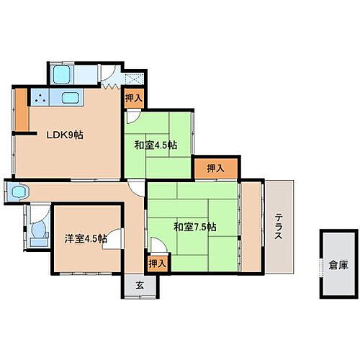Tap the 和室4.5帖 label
point(156,145)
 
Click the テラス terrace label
point(279,227)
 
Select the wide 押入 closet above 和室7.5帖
point(215,168)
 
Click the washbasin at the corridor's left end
point(16,192)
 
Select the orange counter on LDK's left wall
point(23,109)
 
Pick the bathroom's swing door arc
point(107,72)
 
